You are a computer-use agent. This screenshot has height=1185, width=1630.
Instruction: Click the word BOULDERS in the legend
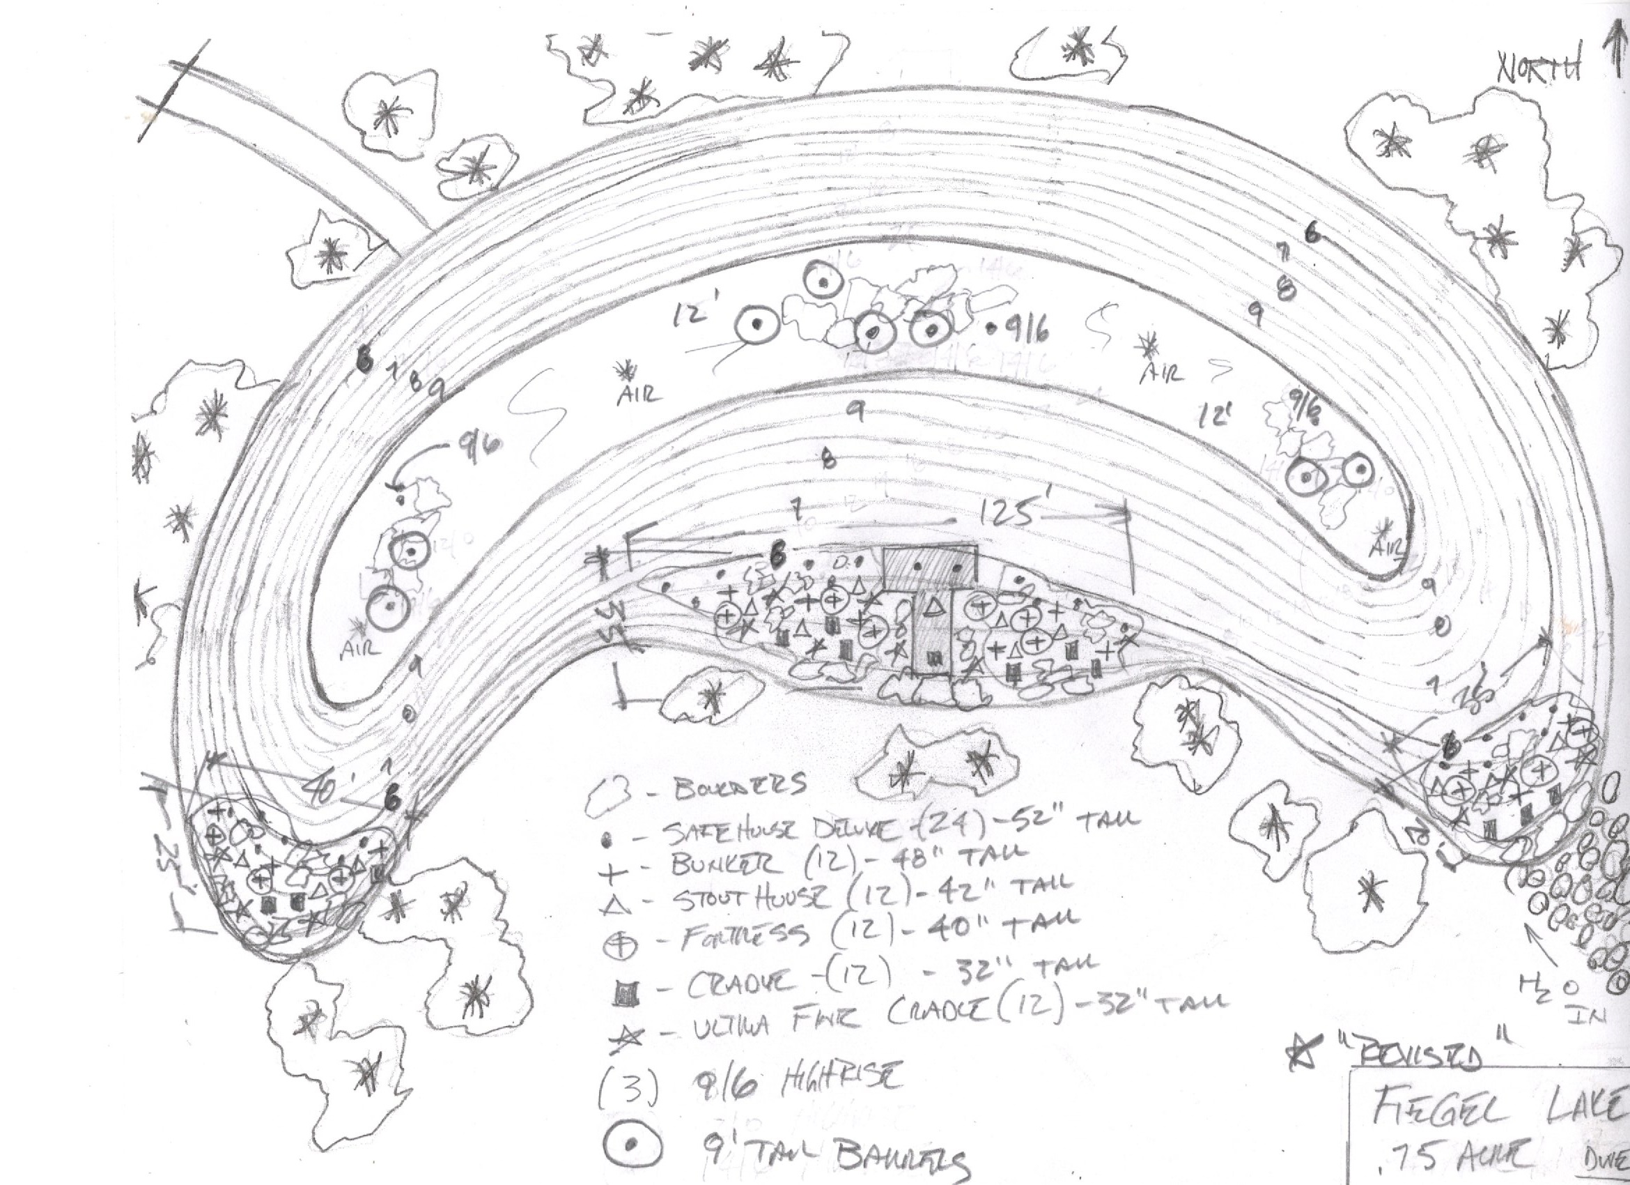[x=740, y=786]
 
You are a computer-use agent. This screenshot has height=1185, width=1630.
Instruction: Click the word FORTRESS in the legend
[x=744, y=934]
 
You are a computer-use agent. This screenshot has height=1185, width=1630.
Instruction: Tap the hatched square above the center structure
[x=930, y=567]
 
